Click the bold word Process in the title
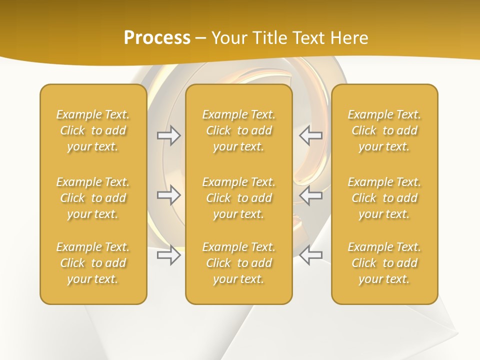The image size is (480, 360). tap(157, 38)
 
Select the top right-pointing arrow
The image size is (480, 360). tap(169, 135)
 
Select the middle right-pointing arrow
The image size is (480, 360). tap(169, 195)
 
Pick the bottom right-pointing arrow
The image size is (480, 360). tap(169, 255)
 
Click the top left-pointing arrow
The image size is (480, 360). tap(311, 135)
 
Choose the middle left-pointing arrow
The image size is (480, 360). tap(311, 195)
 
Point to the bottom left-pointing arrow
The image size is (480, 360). tap(311, 255)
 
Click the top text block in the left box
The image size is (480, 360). tap(93, 130)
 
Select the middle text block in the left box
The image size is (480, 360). tap(93, 198)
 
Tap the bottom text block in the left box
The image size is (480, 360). tap(93, 263)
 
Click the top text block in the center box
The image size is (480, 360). tap(238, 130)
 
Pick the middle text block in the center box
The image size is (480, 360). tap(238, 198)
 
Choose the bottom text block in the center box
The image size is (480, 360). tap(238, 263)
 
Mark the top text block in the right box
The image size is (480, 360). tap(384, 130)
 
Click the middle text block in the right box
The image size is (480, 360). tap(384, 198)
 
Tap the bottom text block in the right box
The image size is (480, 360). tap(384, 263)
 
